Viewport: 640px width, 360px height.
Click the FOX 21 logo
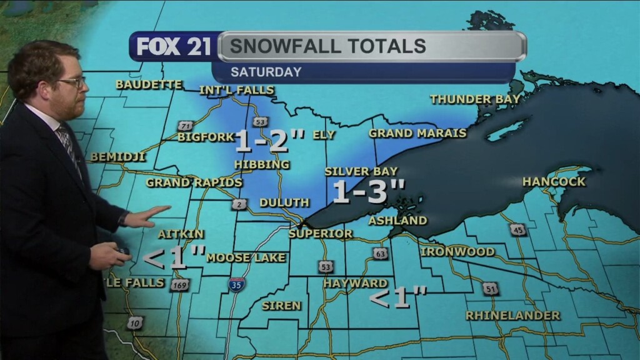pyautogui.click(x=174, y=47)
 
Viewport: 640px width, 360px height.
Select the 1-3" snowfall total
pyautogui.click(x=369, y=192)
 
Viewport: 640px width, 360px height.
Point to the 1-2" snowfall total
pyautogui.click(x=269, y=141)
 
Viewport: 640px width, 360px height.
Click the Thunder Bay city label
pyautogui.click(x=475, y=99)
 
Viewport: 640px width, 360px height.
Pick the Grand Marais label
pyautogui.click(x=417, y=133)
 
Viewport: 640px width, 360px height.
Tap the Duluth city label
pyautogui.click(x=284, y=202)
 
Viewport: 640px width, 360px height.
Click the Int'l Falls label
pyautogui.click(x=236, y=91)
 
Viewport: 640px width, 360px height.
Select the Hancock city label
pyautogui.click(x=554, y=182)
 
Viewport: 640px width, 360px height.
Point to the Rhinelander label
pyautogui.click(x=512, y=316)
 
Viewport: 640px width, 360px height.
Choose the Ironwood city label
pyautogui.click(x=457, y=252)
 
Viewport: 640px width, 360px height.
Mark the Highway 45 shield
pyautogui.click(x=517, y=229)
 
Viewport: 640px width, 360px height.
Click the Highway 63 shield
pyautogui.click(x=380, y=254)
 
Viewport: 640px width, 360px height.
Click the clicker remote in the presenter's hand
pyautogui.click(x=122, y=252)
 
